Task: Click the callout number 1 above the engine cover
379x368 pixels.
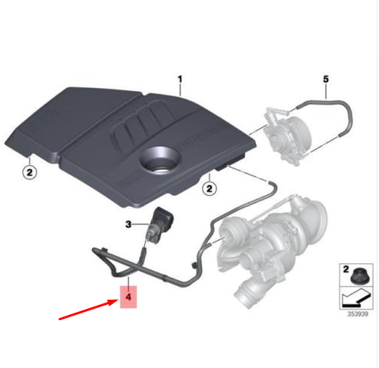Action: [180, 80]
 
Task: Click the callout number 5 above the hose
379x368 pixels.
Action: [326, 79]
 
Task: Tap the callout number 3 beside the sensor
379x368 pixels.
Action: [128, 225]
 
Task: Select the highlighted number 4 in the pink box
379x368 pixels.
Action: [128, 297]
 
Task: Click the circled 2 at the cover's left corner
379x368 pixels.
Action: [30, 173]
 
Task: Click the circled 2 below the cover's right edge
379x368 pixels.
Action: [210, 188]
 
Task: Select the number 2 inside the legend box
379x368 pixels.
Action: [346, 269]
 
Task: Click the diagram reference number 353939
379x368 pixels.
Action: [358, 314]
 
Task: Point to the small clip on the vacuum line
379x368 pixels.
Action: [194, 266]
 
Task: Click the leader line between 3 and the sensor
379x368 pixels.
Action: [141, 224]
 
